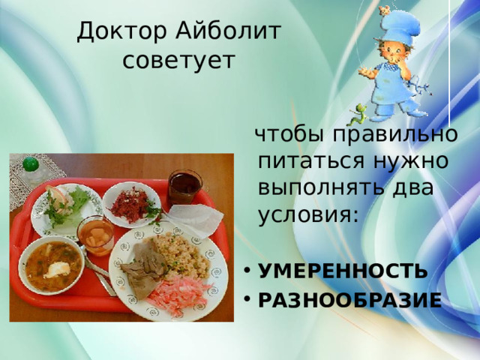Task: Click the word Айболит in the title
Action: pyautogui.click(x=228, y=31)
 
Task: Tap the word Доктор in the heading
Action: pyautogui.click(x=121, y=31)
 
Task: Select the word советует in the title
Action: pyautogui.click(x=178, y=60)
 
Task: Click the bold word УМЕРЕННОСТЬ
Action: pyautogui.click(x=343, y=270)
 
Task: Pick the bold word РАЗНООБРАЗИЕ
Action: pyautogui.click(x=350, y=300)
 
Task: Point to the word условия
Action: pyautogui.click(x=308, y=215)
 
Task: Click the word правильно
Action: pyautogui.click(x=395, y=134)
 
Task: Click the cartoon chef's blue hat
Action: pyautogui.click(x=398, y=25)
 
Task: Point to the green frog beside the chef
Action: pyautogui.click(x=358, y=114)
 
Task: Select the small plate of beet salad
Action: pyautogui.click(x=132, y=205)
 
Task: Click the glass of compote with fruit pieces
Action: pyautogui.click(x=95, y=235)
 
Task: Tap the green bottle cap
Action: pyautogui.click(x=31, y=164)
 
